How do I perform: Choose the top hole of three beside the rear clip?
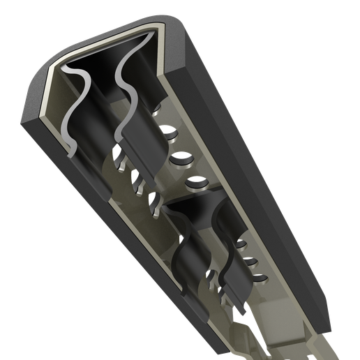tap(241, 245)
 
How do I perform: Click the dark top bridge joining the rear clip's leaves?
tap(202, 209)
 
